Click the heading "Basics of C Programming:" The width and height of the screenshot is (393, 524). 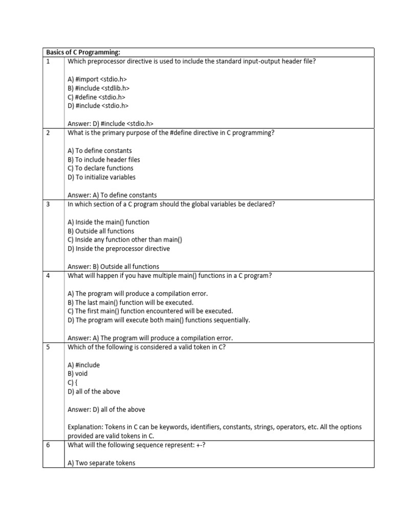83,52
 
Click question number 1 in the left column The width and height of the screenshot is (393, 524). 48,61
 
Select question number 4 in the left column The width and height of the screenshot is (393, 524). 48,276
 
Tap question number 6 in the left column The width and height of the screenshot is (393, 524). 48,445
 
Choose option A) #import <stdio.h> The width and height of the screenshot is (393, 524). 97,79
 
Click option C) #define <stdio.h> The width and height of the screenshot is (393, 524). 96,97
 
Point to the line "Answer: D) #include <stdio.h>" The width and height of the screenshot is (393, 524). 111,123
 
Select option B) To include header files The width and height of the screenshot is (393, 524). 103,160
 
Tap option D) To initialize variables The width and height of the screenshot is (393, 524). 101,177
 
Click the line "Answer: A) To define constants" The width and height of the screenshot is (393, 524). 112,195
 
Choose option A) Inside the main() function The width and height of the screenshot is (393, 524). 108,222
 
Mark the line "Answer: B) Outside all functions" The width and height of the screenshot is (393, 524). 113,267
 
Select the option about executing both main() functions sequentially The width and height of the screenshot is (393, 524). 159,320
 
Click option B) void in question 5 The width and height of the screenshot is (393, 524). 77,374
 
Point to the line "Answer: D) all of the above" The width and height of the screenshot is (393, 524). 106,409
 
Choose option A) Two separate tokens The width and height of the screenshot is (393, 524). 101,463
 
